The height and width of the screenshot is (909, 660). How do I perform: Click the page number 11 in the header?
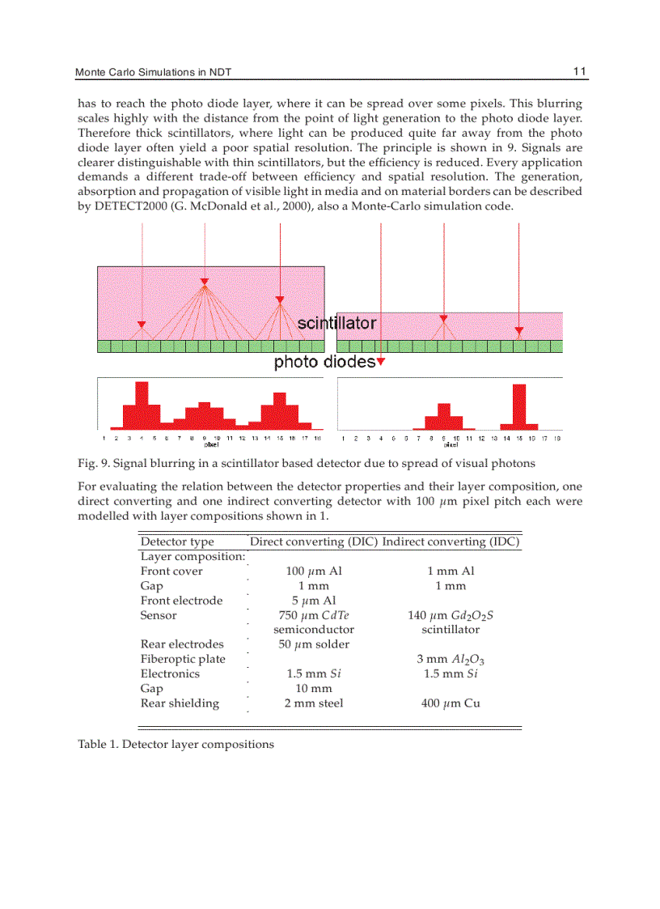click(x=579, y=72)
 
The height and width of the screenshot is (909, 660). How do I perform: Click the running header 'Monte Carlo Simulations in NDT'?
click(x=154, y=73)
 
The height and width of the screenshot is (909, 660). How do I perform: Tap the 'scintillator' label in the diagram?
click(x=336, y=323)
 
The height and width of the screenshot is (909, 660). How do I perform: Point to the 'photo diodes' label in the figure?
click(x=324, y=362)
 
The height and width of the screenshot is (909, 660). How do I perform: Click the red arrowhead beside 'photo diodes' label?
click(x=381, y=362)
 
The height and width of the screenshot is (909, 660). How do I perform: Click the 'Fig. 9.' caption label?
click(x=93, y=464)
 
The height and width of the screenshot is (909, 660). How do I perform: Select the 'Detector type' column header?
click(x=177, y=542)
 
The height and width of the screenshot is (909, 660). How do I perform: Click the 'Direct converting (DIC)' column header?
click(x=314, y=542)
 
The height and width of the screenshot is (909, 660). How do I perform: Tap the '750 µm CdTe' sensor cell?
click(x=314, y=615)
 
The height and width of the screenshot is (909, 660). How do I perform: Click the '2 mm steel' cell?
click(x=314, y=703)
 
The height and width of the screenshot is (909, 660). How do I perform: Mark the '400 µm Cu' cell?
click(x=451, y=703)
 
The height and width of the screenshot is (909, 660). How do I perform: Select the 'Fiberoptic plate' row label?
click(x=183, y=659)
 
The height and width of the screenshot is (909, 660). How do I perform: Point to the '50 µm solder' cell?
click(x=314, y=644)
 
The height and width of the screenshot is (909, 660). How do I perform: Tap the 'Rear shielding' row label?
click(x=180, y=703)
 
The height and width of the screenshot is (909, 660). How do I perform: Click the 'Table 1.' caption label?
click(x=98, y=744)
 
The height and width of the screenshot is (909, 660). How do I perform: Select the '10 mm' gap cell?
click(x=314, y=689)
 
